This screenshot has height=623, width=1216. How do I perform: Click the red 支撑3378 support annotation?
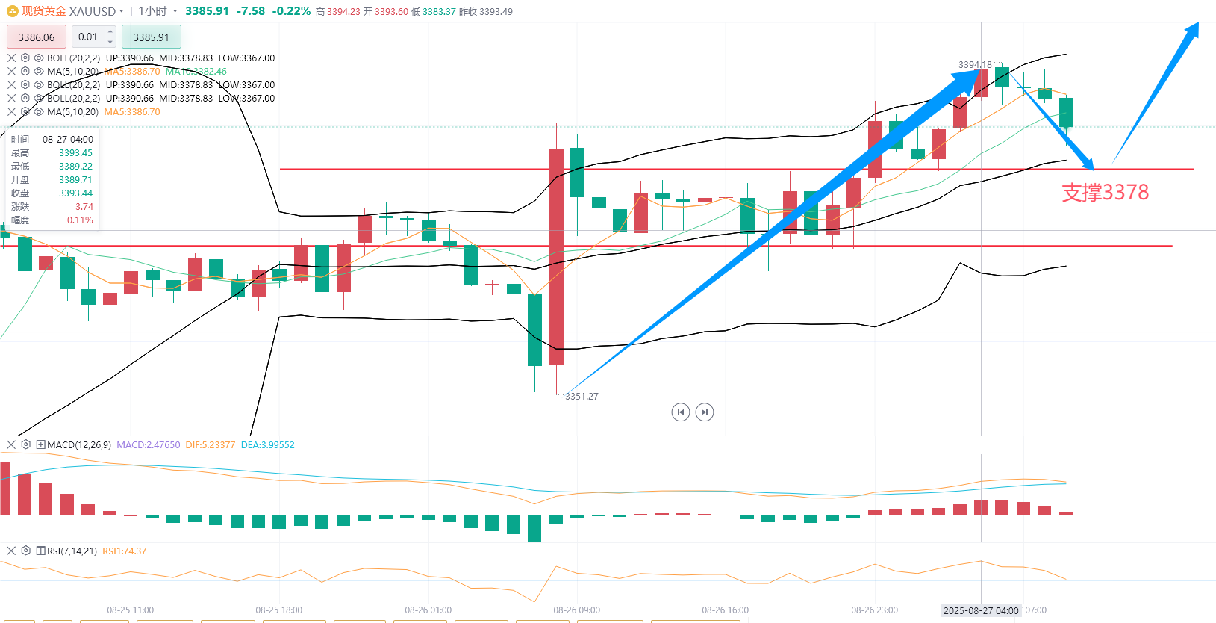click(1105, 193)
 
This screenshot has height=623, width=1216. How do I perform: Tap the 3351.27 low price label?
click(582, 397)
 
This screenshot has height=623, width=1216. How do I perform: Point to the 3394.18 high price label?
click(975, 65)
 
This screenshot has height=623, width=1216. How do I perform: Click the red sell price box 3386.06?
click(37, 37)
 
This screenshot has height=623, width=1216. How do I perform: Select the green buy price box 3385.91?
click(151, 37)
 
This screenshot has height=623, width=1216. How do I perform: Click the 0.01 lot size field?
click(89, 37)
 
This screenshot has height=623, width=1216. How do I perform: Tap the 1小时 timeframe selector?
click(153, 11)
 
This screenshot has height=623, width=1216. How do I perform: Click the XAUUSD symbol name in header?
click(93, 11)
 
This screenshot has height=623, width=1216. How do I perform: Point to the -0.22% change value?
click(291, 11)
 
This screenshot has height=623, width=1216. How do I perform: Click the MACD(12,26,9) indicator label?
click(79, 445)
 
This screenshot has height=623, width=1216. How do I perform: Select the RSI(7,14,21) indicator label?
click(72, 551)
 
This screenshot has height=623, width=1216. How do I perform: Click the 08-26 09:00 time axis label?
click(576, 610)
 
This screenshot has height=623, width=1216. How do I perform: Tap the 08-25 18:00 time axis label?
click(278, 610)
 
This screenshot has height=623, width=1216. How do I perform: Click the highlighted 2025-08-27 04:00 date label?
click(981, 610)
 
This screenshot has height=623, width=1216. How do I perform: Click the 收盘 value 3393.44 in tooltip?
click(76, 193)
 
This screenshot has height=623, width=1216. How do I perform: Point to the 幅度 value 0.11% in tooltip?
click(80, 220)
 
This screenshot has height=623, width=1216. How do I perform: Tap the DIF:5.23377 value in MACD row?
click(211, 445)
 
